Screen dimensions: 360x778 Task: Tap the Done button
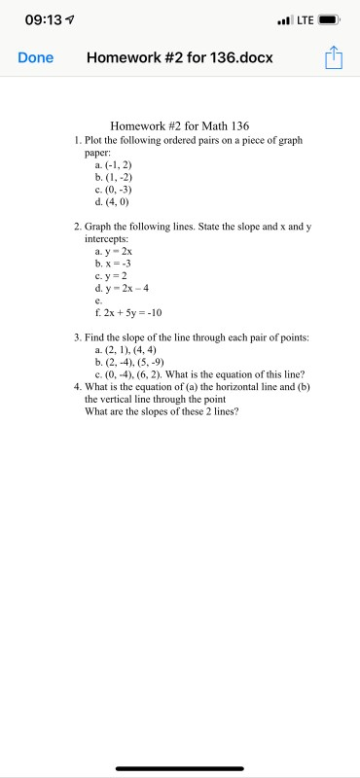(35, 57)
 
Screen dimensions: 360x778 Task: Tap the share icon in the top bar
(334, 57)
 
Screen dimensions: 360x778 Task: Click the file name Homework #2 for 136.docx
(180, 57)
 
